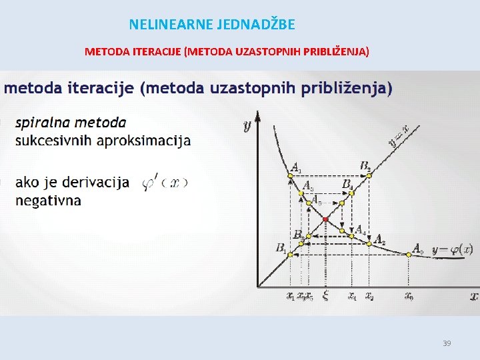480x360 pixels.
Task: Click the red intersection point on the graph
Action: (325, 219)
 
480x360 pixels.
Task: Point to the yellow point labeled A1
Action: (290, 175)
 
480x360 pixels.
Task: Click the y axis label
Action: (247, 124)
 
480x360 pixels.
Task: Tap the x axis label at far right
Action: (473, 295)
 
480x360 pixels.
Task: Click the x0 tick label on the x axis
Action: (408, 297)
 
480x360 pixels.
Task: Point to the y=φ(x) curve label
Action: (453, 250)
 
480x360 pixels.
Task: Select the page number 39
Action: (447, 343)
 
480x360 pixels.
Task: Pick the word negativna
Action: (48, 200)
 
